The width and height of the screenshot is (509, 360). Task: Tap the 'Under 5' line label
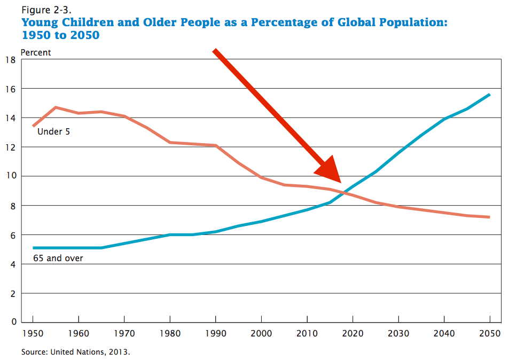[53, 131]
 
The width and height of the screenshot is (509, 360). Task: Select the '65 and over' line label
[58, 259]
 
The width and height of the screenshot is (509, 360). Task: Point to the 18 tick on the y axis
[10, 59]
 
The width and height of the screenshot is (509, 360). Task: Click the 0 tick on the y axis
[12, 322]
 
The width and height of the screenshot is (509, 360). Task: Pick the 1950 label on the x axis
[33, 334]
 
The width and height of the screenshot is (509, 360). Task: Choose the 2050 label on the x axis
[490, 334]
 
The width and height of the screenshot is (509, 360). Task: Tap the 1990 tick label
[216, 334]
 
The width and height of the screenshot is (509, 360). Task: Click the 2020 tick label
[353, 334]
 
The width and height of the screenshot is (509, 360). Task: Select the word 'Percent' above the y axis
[36, 52]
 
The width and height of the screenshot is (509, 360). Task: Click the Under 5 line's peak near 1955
[56, 107]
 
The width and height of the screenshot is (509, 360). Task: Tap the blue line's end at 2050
[490, 95]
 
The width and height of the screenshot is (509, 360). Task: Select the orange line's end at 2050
[490, 217]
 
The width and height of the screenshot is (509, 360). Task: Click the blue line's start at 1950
[33, 248]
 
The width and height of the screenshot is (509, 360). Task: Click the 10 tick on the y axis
[10, 176]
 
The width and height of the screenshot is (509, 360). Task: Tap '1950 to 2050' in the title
[60, 35]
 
